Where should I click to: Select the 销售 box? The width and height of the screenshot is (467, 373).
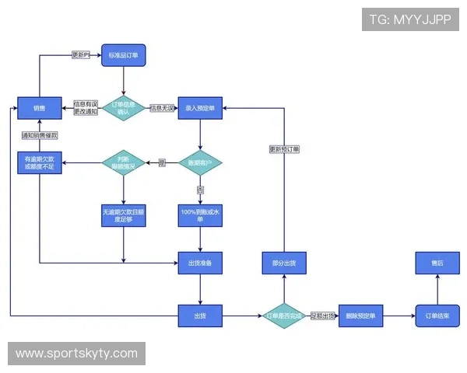40,107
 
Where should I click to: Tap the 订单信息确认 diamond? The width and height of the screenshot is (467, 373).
124,108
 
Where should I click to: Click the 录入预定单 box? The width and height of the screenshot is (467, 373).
200,107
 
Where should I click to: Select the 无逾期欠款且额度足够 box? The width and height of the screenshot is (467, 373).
124,214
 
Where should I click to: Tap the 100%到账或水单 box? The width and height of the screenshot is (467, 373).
200,214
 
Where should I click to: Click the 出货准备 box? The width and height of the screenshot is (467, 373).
200,263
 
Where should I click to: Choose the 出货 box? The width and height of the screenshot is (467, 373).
200,315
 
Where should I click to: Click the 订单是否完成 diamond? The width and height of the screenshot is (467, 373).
283,315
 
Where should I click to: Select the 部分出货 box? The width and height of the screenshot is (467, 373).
283,263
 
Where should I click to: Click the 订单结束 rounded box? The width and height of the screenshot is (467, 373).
437,315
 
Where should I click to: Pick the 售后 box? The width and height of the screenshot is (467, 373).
437,263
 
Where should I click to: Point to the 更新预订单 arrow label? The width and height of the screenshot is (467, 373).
284,149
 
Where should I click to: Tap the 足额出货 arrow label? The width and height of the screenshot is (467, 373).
323,315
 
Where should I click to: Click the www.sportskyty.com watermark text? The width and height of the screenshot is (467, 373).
77,354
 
